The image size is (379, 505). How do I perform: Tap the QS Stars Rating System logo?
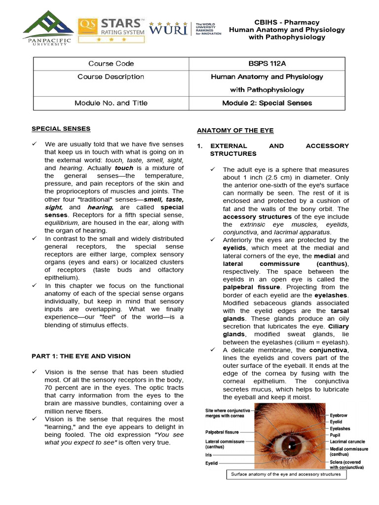coord(112,29)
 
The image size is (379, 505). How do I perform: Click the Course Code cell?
coord(111,64)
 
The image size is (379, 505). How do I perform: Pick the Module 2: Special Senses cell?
coord(267,103)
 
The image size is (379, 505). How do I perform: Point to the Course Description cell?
coord(111,77)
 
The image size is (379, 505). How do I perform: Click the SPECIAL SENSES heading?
coord(61,129)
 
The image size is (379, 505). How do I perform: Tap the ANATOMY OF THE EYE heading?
coord(235,131)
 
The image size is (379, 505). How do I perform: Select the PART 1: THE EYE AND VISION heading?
coord(81,356)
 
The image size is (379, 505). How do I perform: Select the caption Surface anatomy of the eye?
coord(286,474)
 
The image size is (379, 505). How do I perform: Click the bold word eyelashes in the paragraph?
coord(331,295)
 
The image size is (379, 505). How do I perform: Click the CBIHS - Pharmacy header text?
coord(287,22)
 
